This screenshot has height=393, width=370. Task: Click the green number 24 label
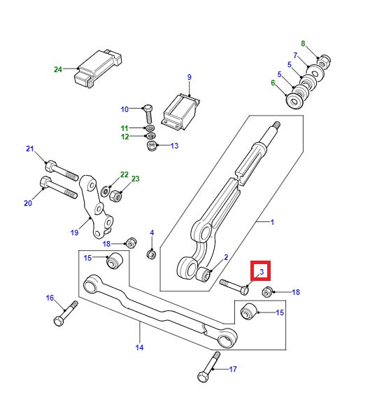point(58,69)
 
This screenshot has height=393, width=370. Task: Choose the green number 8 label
point(303,43)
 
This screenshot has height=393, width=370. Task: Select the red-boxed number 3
point(261,271)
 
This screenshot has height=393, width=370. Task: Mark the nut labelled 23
point(117,193)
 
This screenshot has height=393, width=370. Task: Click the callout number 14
point(139,347)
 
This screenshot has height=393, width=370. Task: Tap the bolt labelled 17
point(207,368)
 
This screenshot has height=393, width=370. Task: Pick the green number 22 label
point(124,175)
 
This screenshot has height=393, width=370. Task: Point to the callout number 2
point(226,258)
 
